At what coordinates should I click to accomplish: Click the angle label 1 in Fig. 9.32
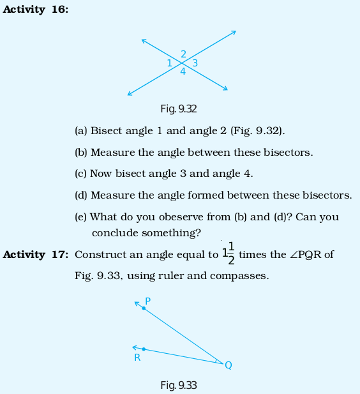point(170,63)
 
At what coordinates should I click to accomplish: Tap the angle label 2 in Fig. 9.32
point(184,54)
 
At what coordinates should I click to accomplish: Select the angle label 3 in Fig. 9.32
point(195,63)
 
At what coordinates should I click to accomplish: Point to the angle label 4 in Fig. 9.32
point(183,72)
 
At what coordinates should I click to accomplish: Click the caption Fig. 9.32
point(179,109)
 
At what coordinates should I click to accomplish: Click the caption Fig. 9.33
point(179,385)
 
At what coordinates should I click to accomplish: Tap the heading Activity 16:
point(35,10)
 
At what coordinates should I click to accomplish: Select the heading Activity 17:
point(35,255)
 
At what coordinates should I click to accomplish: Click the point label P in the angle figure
point(147,301)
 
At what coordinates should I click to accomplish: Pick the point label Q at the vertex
point(229,365)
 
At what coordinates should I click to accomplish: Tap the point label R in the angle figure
point(137,358)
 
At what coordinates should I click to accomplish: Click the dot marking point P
point(144,308)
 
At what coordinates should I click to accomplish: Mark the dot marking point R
point(144,349)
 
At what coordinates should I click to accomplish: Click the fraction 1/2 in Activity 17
point(231,254)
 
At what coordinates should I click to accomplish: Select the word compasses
point(239,276)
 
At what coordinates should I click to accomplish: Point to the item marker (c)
point(80,174)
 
